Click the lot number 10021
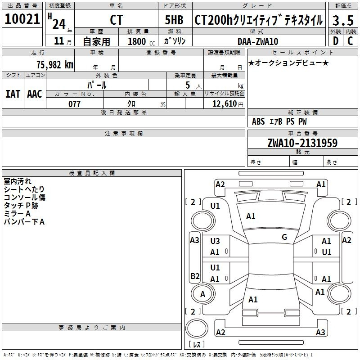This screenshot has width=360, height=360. pyautogui.click(x=22, y=19)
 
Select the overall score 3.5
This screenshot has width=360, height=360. pyautogui.click(x=343, y=21)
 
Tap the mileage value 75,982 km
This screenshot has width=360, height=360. pyautogui.click(x=55, y=64)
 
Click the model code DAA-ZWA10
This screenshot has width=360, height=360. pyautogui.click(x=258, y=41)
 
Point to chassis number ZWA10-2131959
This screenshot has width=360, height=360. pyautogui.click(x=302, y=143)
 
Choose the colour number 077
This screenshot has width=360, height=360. pyautogui.click(x=74, y=104)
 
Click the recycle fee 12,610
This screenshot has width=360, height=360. pyautogui.click(x=225, y=104)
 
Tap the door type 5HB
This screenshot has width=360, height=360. pyautogui.click(x=174, y=20)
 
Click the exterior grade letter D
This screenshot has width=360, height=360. pyautogui.click(x=336, y=41)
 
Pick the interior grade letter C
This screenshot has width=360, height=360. pyautogui.click(x=350, y=41)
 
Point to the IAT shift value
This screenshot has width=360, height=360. pyautogui.click(x=13, y=94)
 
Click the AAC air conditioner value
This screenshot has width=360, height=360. pyautogui.click(x=35, y=94)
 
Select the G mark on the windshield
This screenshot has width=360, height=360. pyautogui.click(x=284, y=237)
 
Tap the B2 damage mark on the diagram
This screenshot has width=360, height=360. pyautogui.click(x=195, y=276)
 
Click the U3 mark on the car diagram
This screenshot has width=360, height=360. pyautogui.click(x=215, y=241)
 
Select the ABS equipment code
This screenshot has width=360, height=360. pyautogui.click(x=258, y=121)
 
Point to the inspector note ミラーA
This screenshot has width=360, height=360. pyautogui.click(x=17, y=214)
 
